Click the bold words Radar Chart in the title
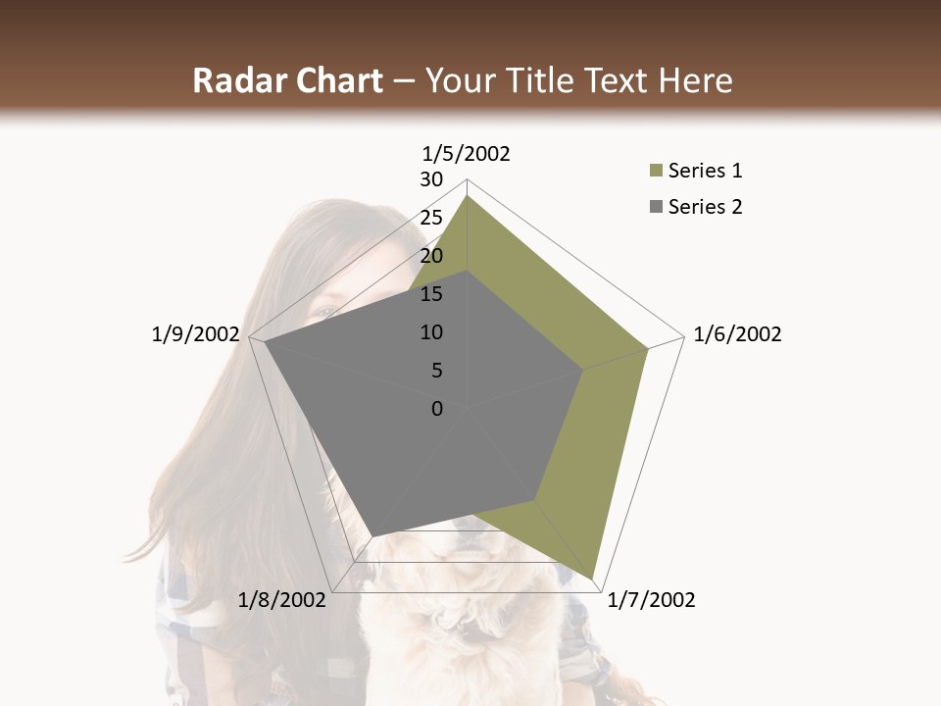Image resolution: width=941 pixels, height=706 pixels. (286, 81)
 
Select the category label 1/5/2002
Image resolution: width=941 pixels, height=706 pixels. (467, 153)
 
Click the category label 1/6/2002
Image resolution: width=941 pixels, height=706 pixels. (737, 334)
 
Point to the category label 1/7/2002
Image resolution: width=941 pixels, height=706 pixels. (651, 600)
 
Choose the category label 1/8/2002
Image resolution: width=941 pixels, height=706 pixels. (282, 600)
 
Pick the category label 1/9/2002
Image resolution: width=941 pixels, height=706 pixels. (195, 334)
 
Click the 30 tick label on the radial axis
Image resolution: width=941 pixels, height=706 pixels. (431, 179)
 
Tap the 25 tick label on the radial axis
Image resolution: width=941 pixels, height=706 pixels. (431, 218)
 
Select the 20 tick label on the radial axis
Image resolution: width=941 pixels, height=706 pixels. (431, 256)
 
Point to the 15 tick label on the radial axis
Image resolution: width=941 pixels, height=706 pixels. (431, 294)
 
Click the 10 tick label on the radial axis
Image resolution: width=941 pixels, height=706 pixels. (431, 332)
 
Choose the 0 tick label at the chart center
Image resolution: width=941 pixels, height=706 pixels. (437, 409)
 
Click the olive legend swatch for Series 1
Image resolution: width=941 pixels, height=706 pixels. (656, 172)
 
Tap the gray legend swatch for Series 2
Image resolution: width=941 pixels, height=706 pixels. (656, 207)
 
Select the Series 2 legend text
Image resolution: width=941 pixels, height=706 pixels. (705, 207)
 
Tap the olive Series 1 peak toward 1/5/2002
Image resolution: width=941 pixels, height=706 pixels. (467, 196)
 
